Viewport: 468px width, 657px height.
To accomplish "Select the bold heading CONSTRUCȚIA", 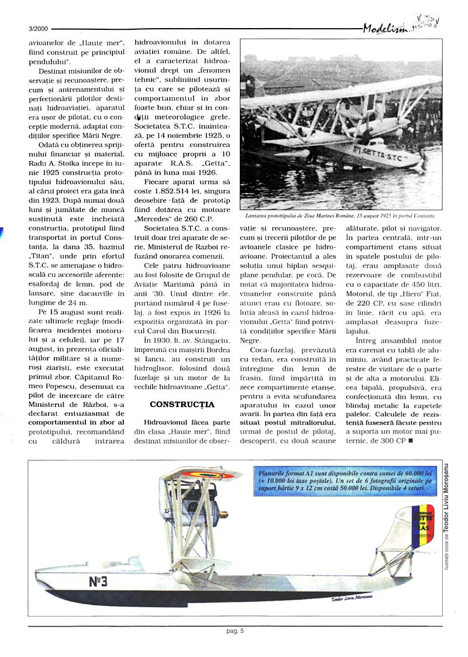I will [x=182, y=404].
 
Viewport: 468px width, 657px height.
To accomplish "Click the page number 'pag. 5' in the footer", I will [x=235, y=631].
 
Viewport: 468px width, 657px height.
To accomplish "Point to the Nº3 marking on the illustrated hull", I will [x=98, y=581].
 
